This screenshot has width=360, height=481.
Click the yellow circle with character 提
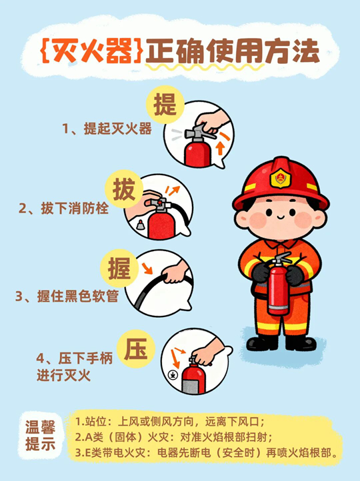tap(165, 105)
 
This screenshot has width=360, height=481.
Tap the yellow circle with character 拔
tap(124, 189)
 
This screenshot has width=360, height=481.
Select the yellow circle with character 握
tap(119, 268)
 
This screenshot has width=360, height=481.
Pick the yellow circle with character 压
tap(136, 348)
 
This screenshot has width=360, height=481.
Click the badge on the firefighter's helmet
tap(280, 178)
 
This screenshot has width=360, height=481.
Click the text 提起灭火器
tap(107, 129)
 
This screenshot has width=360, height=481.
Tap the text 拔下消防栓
tap(64, 209)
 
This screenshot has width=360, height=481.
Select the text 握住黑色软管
tap(67, 296)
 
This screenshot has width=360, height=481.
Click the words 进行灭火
tap(63, 375)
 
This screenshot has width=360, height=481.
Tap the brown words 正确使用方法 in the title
tap(233, 51)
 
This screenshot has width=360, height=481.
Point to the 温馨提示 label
tap(40, 435)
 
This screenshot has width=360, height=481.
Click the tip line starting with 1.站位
tap(170, 422)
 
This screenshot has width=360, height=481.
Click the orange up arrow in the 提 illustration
tap(220, 148)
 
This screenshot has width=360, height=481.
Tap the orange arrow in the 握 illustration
tap(147, 268)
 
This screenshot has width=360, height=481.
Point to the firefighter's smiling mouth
tap(280, 217)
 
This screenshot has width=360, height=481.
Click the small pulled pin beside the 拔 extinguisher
tap(141, 225)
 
